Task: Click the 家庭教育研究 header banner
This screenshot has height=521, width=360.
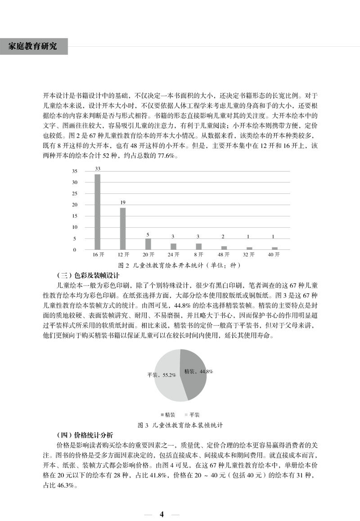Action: (x=34, y=46)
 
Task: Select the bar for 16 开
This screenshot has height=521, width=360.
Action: (x=97, y=211)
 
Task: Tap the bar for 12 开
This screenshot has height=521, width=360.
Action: (x=123, y=228)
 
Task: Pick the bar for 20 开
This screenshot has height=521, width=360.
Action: (x=148, y=244)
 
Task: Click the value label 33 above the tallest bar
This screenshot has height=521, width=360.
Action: (x=97, y=169)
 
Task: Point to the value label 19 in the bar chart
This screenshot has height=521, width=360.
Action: (x=123, y=202)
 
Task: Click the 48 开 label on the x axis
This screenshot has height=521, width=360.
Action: (x=224, y=255)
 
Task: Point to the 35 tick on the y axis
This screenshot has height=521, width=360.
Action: (x=75, y=171)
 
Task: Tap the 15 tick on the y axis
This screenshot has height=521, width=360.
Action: (x=75, y=216)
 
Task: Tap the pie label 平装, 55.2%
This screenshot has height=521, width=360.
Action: (x=161, y=375)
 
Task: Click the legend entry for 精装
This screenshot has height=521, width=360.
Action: (x=167, y=414)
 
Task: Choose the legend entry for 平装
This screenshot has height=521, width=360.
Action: (x=192, y=414)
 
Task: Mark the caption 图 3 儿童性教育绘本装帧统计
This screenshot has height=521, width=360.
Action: (x=180, y=425)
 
